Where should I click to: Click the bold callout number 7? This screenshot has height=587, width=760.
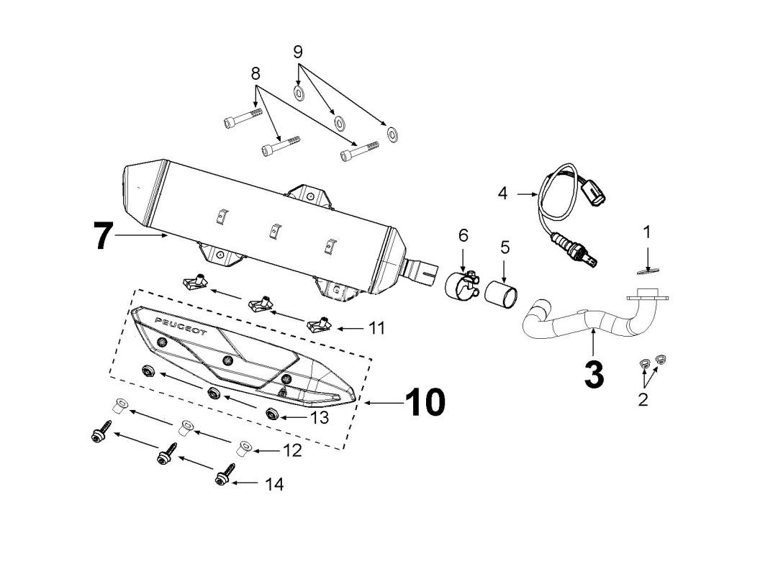click(104, 235)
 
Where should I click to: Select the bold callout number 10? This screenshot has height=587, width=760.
click(424, 403)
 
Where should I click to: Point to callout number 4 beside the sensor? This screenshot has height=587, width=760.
click(502, 192)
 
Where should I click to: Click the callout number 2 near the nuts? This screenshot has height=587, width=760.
click(643, 399)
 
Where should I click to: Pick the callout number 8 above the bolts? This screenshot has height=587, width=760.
click(255, 73)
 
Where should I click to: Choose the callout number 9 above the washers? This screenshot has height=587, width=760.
click(298, 52)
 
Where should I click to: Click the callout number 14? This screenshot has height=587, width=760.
click(273, 484)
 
